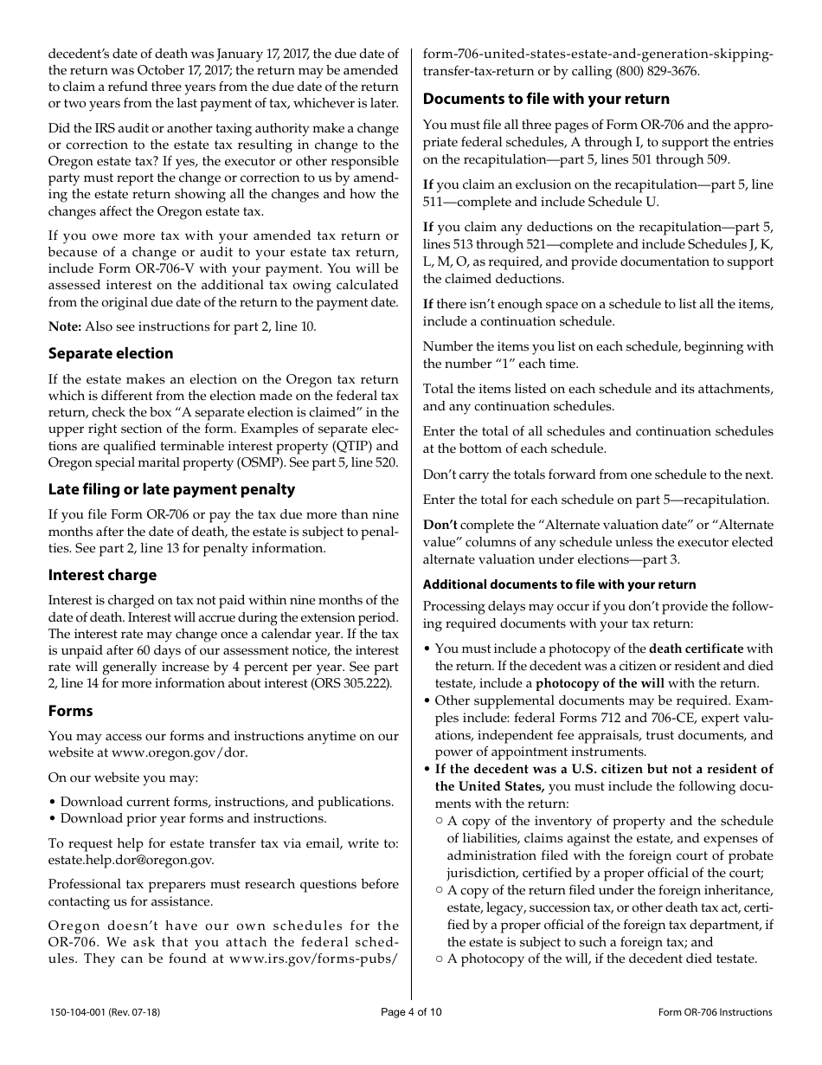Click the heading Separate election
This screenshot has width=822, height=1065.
point(111,353)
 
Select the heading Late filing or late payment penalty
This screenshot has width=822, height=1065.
point(171,489)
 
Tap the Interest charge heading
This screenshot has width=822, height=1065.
point(102,575)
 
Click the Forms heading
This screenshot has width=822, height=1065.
point(70,711)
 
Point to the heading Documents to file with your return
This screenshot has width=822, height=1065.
point(546,99)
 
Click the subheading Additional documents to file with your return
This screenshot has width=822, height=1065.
point(559,584)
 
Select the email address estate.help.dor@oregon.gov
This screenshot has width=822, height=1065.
point(131,860)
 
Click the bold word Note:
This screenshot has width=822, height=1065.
point(65,326)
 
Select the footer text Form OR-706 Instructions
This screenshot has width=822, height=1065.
point(715,1012)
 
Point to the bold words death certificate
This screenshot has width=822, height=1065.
point(696,649)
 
